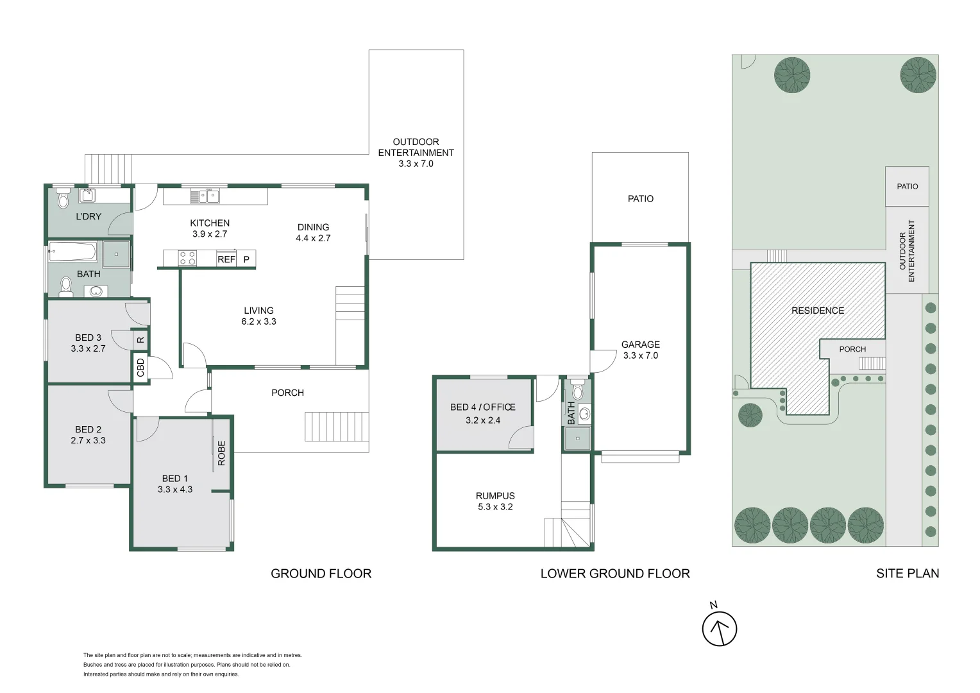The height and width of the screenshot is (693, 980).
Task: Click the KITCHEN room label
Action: pyautogui.click(x=210, y=223)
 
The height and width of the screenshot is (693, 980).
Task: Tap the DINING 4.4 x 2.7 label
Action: pyautogui.click(x=313, y=232)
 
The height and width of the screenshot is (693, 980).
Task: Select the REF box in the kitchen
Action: pyautogui.click(x=226, y=259)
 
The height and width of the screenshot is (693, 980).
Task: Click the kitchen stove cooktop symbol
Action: pyautogui.click(x=187, y=258)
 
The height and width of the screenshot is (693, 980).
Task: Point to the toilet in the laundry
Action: pyautogui.click(x=63, y=199)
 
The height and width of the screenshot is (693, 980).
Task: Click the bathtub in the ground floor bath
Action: pyautogui.click(x=72, y=252)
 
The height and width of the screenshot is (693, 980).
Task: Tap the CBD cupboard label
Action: pyautogui.click(x=141, y=368)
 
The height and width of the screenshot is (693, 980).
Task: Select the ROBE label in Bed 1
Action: pyautogui.click(x=222, y=452)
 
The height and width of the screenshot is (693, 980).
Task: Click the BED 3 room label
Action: pyautogui.click(x=88, y=343)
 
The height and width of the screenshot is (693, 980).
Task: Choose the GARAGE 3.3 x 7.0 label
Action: pyautogui.click(x=640, y=350)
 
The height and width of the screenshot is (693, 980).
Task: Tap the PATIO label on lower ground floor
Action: pyautogui.click(x=640, y=199)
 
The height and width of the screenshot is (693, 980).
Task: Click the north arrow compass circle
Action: pyautogui.click(x=719, y=629)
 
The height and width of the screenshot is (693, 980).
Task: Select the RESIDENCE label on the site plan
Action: pyautogui.click(x=817, y=311)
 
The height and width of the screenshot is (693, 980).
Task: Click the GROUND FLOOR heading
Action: pyautogui.click(x=321, y=574)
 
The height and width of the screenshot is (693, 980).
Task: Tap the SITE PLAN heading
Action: pyautogui.click(x=907, y=574)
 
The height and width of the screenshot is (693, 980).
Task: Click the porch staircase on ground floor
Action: pyautogui.click(x=337, y=427)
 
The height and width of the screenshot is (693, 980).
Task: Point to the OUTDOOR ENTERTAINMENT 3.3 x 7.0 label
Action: pyautogui.click(x=416, y=153)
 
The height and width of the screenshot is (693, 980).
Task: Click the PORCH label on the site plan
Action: pyautogui.click(x=852, y=349)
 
